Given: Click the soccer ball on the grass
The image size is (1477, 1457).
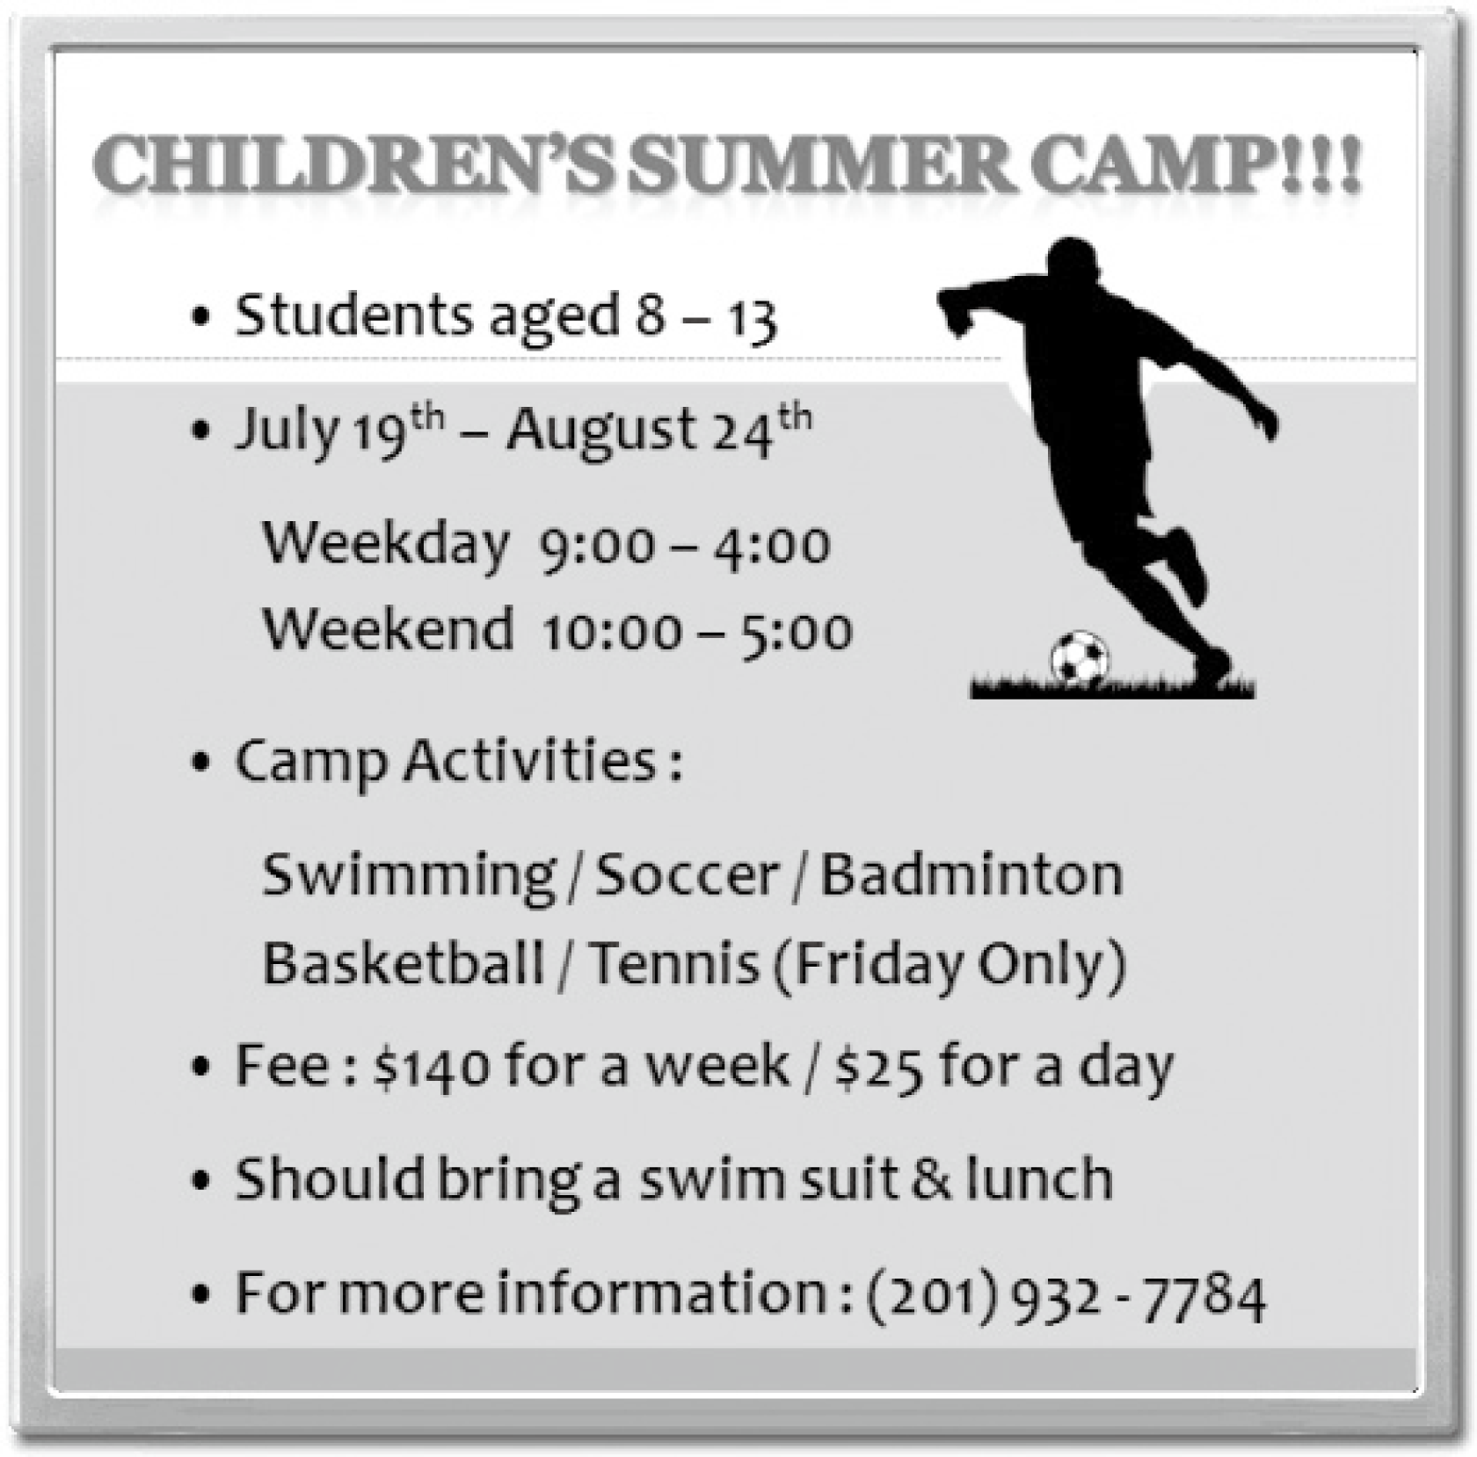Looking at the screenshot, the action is (x=1080, y=656).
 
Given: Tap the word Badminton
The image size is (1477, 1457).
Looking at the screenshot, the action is (x=971, y=875).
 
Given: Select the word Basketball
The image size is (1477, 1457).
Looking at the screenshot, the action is (x=404, y=963).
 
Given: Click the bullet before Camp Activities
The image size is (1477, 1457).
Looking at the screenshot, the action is (x=201, y=765).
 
